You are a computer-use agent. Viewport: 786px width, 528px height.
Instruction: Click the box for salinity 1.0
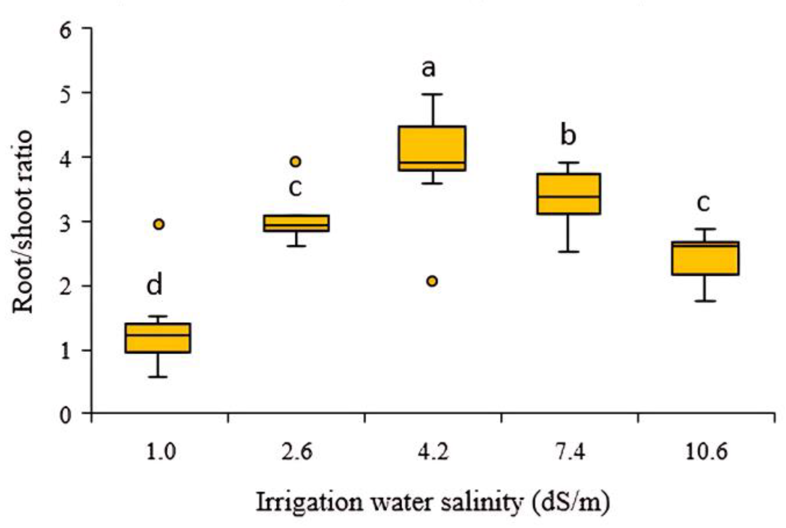tap(158, 338)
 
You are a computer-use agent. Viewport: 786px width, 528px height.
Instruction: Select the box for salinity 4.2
tap(432, 148)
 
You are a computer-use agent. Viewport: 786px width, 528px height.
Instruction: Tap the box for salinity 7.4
tap(569, 194)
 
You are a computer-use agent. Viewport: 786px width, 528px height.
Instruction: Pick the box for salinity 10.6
tap(705, 258)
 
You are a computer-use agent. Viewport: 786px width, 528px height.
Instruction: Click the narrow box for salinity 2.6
tap(296, 223)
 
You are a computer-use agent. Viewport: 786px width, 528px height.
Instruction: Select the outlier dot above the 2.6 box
tap(296, 162)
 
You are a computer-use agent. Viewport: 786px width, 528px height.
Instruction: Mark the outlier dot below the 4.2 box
tap(432, 281)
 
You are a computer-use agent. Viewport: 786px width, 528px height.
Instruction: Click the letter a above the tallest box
tap(428, 69)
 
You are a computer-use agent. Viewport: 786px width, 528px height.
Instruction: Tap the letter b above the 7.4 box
tap(568, 135)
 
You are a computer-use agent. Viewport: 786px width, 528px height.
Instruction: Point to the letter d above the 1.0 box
tap(154, 285)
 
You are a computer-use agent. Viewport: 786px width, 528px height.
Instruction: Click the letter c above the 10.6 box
tap(703, 202)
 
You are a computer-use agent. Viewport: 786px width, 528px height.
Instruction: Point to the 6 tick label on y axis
tap(66, 30)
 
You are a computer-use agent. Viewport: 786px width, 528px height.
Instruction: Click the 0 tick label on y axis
tap(66, 416)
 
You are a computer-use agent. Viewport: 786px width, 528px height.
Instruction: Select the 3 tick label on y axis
tap(66, 223)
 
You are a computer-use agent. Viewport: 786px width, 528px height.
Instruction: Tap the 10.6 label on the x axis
tap(706, 452)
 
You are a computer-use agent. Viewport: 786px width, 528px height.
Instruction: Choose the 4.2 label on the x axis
tap(433, 452)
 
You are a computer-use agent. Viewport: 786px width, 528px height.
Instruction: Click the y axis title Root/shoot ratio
tap(22, 221)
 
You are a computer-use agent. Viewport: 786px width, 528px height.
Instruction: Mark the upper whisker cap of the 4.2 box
tap(432, 94)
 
